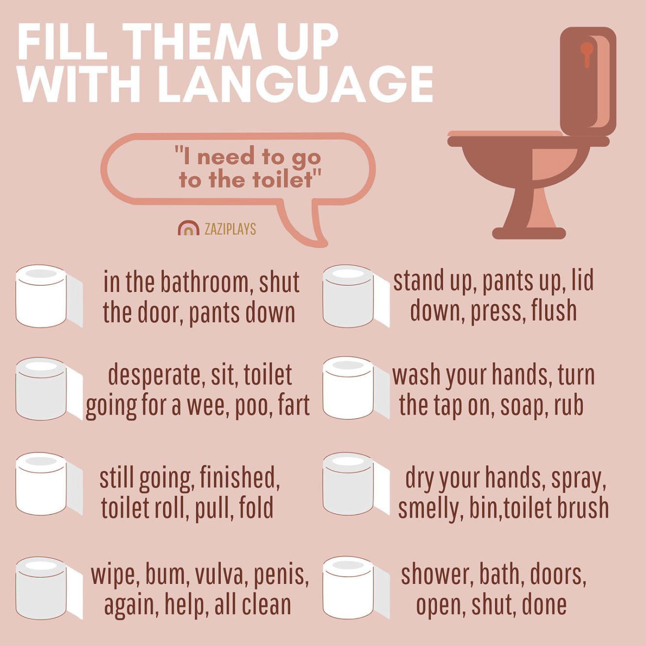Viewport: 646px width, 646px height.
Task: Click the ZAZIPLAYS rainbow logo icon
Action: click(x=188, y=228)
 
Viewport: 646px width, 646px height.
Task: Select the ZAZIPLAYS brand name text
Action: click(x=230, y=229)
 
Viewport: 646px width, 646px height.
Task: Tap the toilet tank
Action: click(x=587, y=80)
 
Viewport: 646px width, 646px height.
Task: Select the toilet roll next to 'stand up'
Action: click(x=355, y=296)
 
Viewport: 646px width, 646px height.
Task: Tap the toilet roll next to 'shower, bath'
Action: click(x=355, y=588)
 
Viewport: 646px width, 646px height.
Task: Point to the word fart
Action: click(x=294, y=406)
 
